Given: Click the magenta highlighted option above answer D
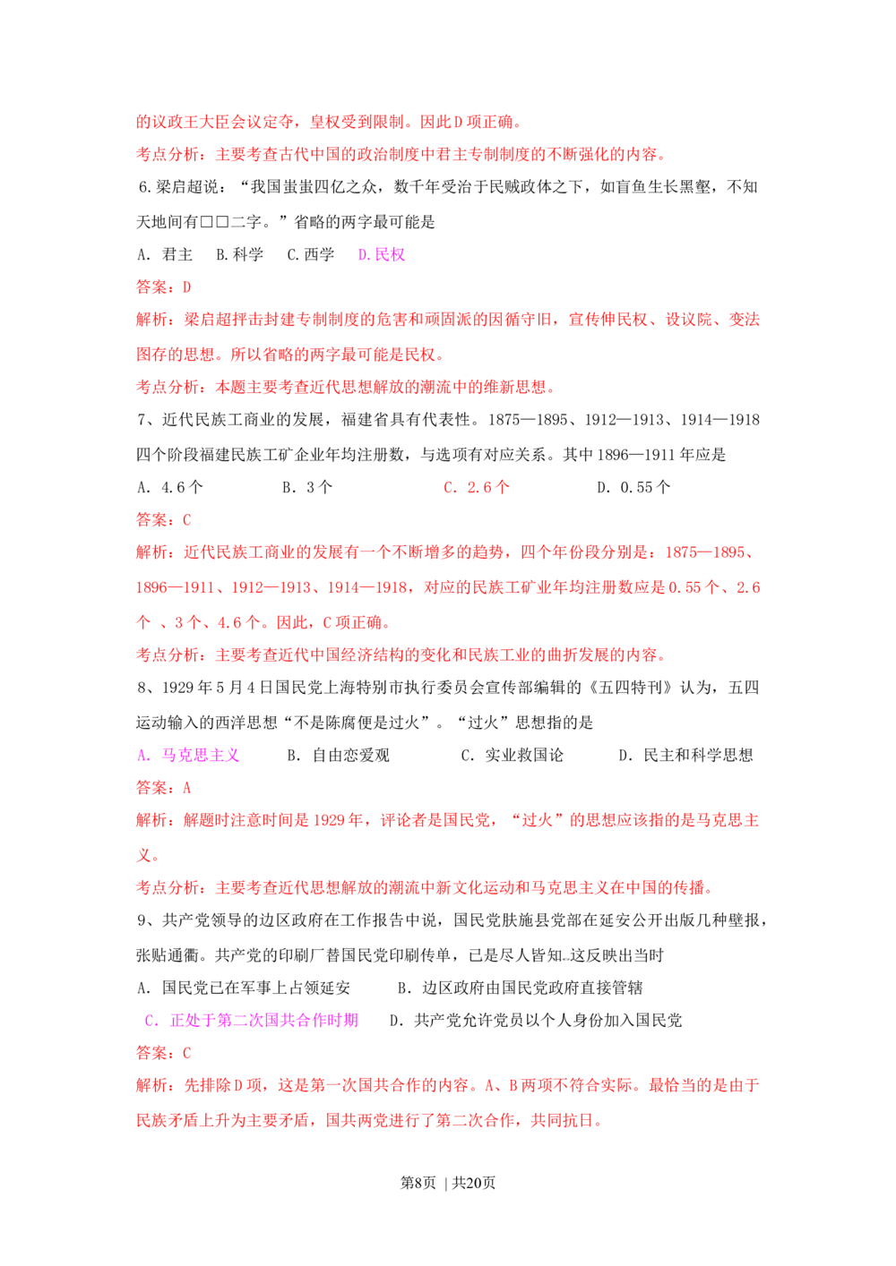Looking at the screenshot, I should [x=383, y=255].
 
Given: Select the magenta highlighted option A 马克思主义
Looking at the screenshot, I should [x=190, y=755].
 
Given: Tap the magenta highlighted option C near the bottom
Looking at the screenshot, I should [x=251, y=1020].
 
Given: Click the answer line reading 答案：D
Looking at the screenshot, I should [x=163, y=287].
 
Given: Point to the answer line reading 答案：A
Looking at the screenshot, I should [x=163, y=788].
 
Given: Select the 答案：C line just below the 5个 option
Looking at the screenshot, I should [x=163, y=519].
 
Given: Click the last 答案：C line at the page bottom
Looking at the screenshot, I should [x=163, y=1052].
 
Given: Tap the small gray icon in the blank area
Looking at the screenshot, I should [x=565, y=959].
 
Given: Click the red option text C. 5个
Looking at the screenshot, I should [x=475, y=488].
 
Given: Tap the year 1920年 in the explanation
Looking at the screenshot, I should [x=346, y=820].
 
